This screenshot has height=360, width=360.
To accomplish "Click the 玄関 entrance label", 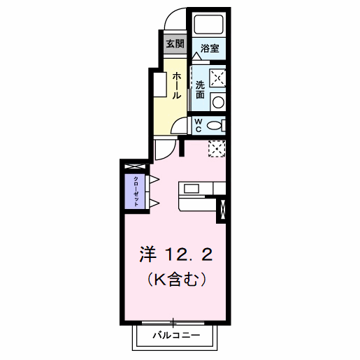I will [175, 43].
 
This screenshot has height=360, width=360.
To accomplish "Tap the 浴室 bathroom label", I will [209, 48].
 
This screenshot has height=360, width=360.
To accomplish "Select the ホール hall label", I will [177, 85].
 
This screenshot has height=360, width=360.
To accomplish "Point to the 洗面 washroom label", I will [201, 89].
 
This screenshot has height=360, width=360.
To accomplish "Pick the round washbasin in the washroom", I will [218, 102].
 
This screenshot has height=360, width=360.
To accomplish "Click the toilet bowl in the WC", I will [217, 125].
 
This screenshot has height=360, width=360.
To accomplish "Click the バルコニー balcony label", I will [176, 336].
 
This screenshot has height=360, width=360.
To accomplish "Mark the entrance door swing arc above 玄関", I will [176, 20].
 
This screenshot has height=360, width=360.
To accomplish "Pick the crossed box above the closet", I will [135, 166].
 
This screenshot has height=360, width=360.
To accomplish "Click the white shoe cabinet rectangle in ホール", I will [159, 85].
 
